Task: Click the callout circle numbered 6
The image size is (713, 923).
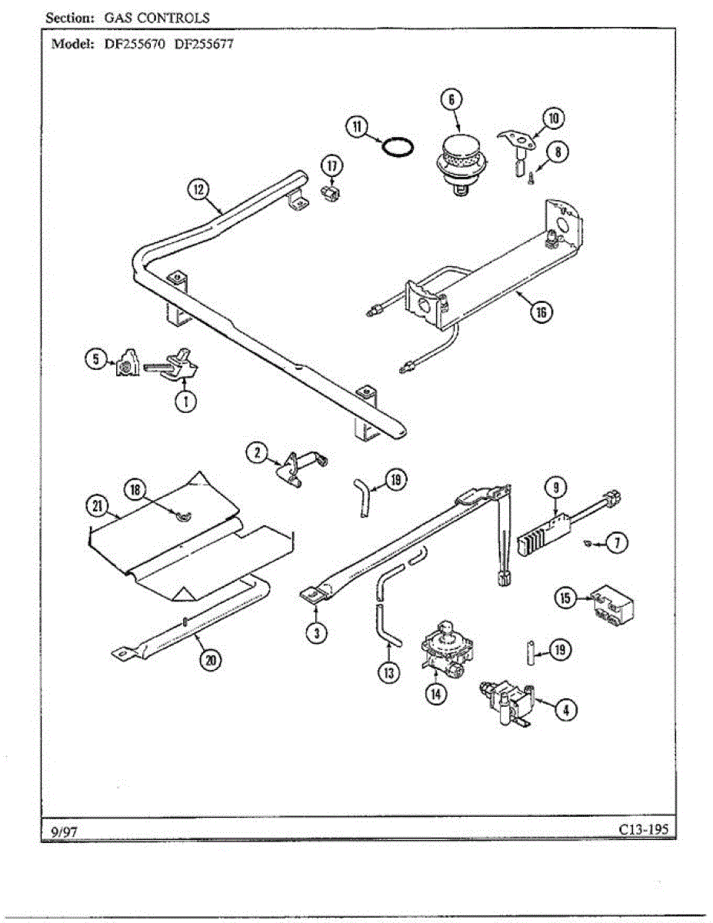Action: tap(451, 99)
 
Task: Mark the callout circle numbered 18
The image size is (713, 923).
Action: tap(137, 488)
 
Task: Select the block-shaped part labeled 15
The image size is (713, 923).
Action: tap(613, 605)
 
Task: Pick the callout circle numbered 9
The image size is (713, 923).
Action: tap(555, 486)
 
